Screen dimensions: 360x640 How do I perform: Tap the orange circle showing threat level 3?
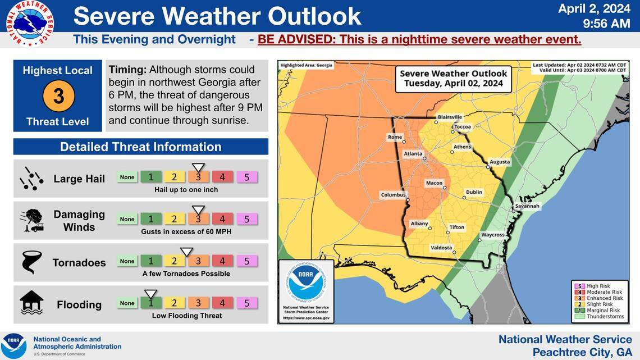tap(58, 96)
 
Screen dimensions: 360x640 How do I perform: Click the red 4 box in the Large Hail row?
tap(222, 177)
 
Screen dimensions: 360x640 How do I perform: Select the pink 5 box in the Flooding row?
tap(246, 303)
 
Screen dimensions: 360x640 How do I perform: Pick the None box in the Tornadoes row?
tap(127, 261)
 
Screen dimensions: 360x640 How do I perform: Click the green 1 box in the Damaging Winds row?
tap(150, 219)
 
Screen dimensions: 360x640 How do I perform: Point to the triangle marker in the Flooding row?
tap(150, 293)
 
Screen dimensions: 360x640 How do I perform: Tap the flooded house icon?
tap(31, 303)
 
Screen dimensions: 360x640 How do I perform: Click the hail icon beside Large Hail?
tap(31, 179)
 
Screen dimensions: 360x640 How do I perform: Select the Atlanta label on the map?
tap(413, 154)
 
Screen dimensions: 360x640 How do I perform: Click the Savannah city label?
tap(527, 206)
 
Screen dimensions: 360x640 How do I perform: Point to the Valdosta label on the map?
tap(441, 248)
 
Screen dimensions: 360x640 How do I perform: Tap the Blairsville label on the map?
tap(450, 117)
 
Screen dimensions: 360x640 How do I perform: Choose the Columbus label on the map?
tap(393, 195)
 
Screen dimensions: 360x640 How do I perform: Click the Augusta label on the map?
tap(500, 162)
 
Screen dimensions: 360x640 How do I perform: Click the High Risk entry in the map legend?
tap(598, 286)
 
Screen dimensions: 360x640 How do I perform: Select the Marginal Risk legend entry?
tap(602, 311)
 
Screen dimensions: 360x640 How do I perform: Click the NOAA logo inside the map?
tap(306, 283)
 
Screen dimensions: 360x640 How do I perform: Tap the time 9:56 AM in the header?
tap(606, 24)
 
